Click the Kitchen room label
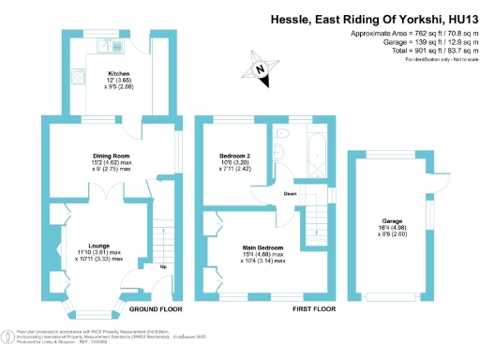click(x=117, y=73)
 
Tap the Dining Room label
click(x=110, y=155)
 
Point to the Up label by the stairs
click(x=165, y=266)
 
